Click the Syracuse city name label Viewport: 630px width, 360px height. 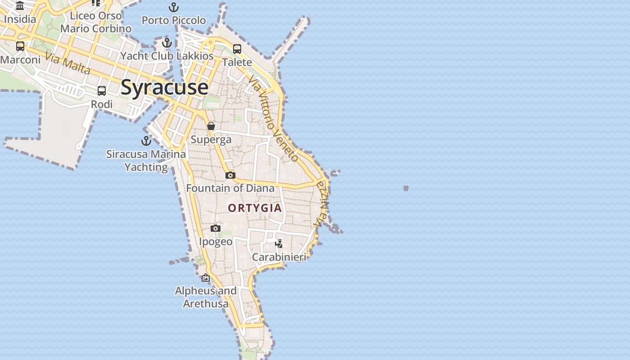click(164, 87)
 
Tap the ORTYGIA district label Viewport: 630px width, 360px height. click(255, 208)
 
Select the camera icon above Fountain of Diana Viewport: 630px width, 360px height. click(230, 175)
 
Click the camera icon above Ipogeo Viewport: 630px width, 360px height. click(216, 229)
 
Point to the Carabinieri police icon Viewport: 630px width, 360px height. click(279, 244)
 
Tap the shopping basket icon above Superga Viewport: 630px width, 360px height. click(211, 126)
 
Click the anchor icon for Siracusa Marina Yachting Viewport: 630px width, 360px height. click(146, 141)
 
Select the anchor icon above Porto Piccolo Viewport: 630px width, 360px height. click(174, 7)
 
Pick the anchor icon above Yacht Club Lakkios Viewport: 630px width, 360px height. click(167, 43)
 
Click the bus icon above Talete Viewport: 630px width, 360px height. click(237, 49)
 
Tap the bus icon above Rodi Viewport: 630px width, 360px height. click(102, 91)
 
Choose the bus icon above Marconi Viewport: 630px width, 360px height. click(20, 46)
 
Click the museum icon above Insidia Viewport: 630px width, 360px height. click(20, 6)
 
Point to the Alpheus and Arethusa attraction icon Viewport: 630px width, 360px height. click(206, 278)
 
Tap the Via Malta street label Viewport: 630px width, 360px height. click(68, 64)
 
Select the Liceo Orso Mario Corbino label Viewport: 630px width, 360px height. click(96, 22)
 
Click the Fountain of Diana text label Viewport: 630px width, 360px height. click(230, 188)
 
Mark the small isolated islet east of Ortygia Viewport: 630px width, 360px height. click(406, 188)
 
